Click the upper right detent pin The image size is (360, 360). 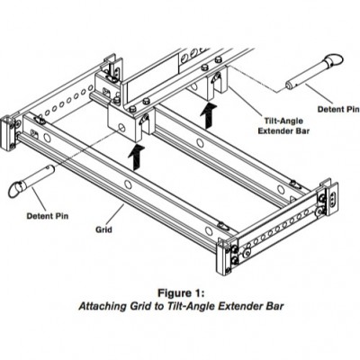313,72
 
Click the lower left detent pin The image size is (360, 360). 31,181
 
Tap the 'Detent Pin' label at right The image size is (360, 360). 338,109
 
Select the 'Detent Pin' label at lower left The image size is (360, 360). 48,216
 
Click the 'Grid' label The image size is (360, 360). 103,229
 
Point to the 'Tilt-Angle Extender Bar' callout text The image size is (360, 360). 283,126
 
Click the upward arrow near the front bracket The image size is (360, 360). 137,157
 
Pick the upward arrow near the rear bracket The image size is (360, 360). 208,115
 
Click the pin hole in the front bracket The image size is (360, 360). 121,128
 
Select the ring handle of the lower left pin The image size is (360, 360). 16,189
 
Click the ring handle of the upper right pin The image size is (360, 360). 333,59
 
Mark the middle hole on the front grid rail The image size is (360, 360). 128,184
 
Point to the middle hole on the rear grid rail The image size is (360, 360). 201,143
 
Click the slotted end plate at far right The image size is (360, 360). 332,198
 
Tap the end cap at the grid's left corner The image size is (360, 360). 8,133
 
